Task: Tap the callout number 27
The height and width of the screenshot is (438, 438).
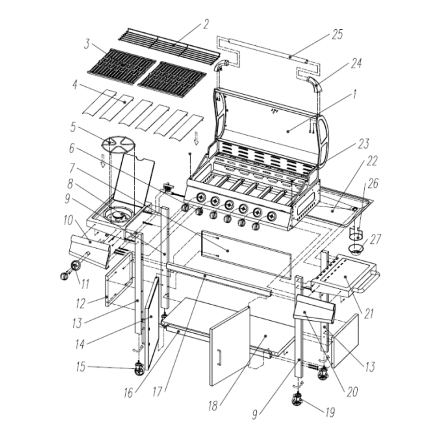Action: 375,239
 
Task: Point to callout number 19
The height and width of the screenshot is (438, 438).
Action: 330,412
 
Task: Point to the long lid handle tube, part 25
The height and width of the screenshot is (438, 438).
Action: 268,50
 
